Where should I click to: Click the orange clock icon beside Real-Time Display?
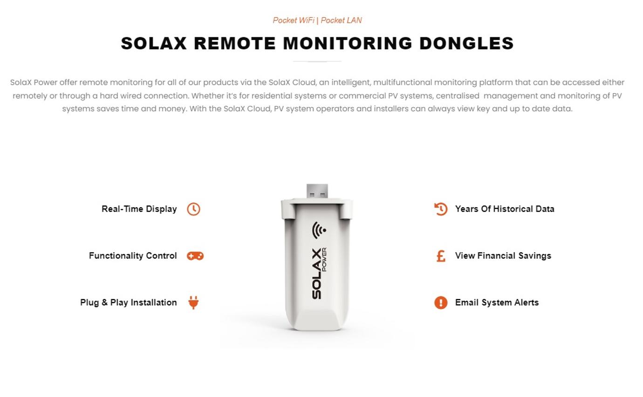coord(193,209)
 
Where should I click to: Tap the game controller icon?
coord(195,256)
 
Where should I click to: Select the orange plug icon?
coord(193,302)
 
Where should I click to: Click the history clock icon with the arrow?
coord(441,209)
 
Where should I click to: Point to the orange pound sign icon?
coord(441,256)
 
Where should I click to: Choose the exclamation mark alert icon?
coord(441,302)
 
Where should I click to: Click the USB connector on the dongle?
coord(317,191)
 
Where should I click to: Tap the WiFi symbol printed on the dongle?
coord(319,230)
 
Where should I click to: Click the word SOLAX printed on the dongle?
coord(316,274)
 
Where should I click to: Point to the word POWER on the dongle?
coord(324,260)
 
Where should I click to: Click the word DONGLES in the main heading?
coord(466,43)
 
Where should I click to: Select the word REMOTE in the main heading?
coord(235,43)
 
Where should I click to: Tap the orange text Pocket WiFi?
coord(294,21)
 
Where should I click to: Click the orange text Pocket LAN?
coord(341,21)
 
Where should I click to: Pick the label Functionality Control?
coord(133,256)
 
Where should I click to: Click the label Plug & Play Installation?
coord(128,302)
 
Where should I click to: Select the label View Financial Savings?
coord(503,256)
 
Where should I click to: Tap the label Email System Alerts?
coord(497,302)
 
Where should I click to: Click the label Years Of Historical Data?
coord(505,209)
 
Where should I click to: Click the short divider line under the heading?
coord(317,62)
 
